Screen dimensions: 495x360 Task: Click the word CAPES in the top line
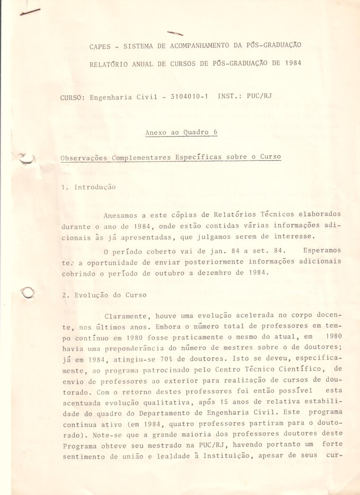pyautogui.click(x=100, y=46)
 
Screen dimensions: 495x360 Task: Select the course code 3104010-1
pyautogui.click(x=189, y=97)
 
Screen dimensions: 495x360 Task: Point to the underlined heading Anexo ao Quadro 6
pyautogui.click(x=181, y=132)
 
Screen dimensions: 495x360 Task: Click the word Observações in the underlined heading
pyautogui.click(x=84, y=158)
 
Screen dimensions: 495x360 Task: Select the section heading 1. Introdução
pyautogui.click(x=89, y=187)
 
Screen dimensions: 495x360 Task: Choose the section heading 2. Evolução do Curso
pyautogui.click(x=105, y=295)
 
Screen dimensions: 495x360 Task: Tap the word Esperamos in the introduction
pyautogui.click(x=322, y=250)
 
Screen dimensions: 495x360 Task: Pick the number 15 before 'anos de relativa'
pyautogui.click(x=224, y=402)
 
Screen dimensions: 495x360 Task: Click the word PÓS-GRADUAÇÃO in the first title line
pyautogui.click(x=273, y=45)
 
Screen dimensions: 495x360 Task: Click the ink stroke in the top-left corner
pyautogui.click(x=31, y=12)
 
